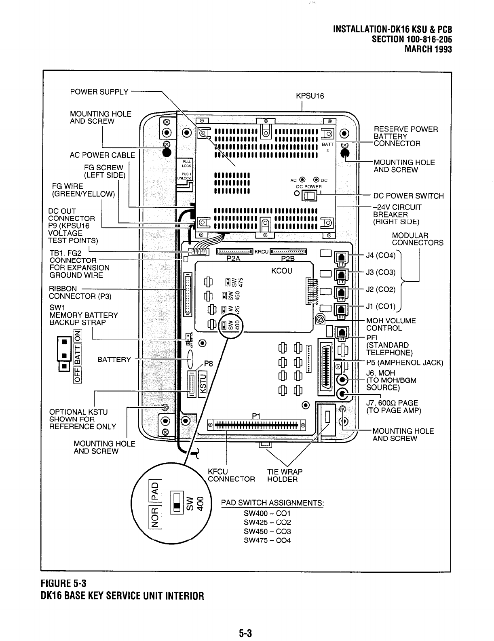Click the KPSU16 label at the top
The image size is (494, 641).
pyautogui.click(x=310, y=96)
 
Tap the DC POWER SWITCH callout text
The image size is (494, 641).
pyautogui.click(x=408, y=196)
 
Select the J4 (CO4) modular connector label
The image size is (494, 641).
pyautogui.click(x=380, y=255)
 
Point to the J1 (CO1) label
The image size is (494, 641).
pyautogui.click(x=380, y=306)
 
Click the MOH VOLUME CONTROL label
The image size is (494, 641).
pyautogui.click(x=391, y=325)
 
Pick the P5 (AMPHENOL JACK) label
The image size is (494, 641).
pyautogui.click(x=404, y=363)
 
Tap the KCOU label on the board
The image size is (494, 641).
pyautogui.click(x=282, y=270)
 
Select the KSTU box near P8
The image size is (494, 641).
pyautogui.click(x=203, y=382)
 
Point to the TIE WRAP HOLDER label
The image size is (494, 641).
pyautogui.click(x=285, y=475)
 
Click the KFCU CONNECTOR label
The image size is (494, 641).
pyautogui.click(x=231, y=475)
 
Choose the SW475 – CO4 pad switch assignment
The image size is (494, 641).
pyautogui.click(x=267, y=540)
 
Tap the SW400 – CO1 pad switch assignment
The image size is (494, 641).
pyautogui.click(x=267, y=513)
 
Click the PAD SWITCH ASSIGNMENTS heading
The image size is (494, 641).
pyautogui.click(x=272, y=503)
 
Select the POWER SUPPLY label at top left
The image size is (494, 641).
pyautogui.click(x=99, y=92)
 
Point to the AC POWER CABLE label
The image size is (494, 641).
pyautogui.click(x=102, y=155)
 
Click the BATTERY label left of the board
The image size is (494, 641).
pyautogui.click(x=114, y=360)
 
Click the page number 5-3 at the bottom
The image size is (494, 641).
pyautogui.click(x=245, y=633)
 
